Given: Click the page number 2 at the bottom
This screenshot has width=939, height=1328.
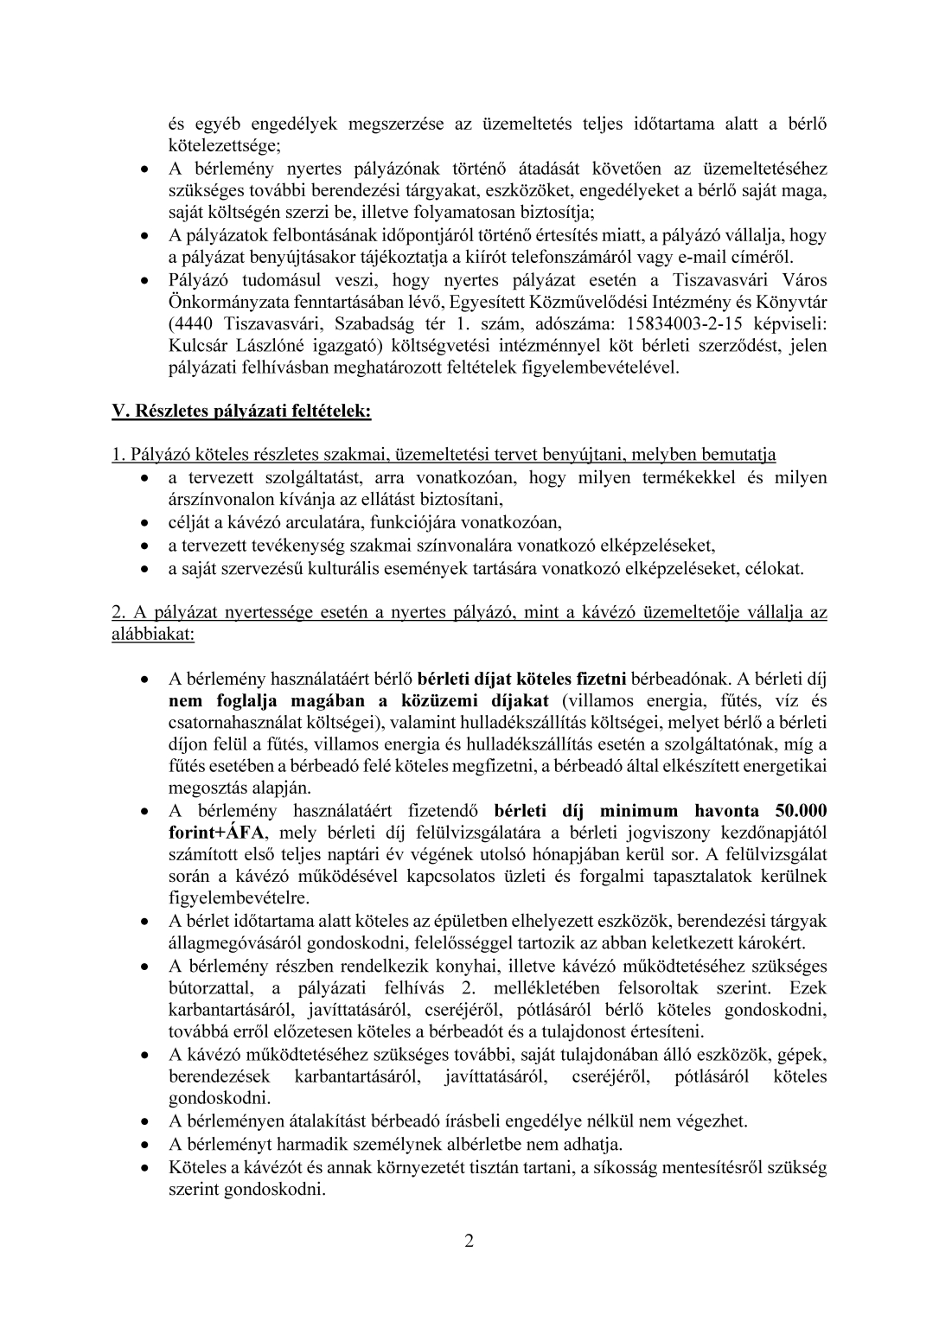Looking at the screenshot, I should (x=469, y=1242).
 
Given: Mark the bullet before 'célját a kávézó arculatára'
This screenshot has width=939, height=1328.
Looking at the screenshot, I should (x=151, y=523).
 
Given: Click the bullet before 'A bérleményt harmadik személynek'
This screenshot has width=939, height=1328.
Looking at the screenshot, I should (x=151, y=1145).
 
